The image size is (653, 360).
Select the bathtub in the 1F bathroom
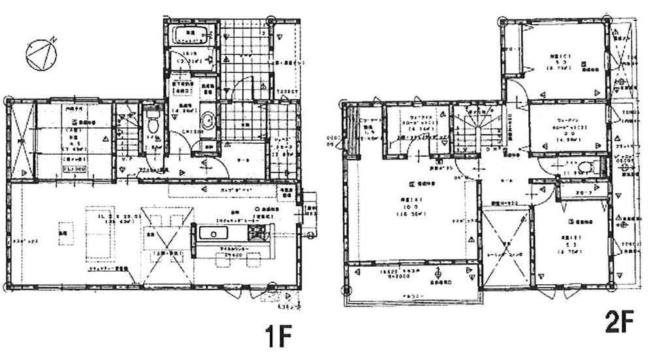click(190, 38)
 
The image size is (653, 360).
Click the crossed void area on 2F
click(506, 248)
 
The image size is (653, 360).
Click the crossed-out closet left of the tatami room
click(21, 141)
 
